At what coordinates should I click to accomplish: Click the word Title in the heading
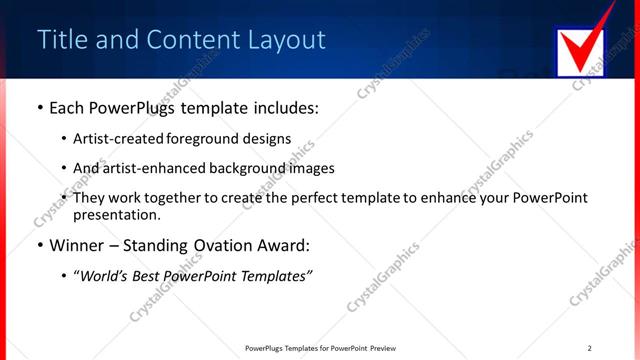pos(63,40)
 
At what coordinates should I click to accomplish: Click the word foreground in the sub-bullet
pos(208,139)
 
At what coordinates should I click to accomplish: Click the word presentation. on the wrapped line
pos(116,214)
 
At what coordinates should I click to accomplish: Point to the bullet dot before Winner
pos(39,245)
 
